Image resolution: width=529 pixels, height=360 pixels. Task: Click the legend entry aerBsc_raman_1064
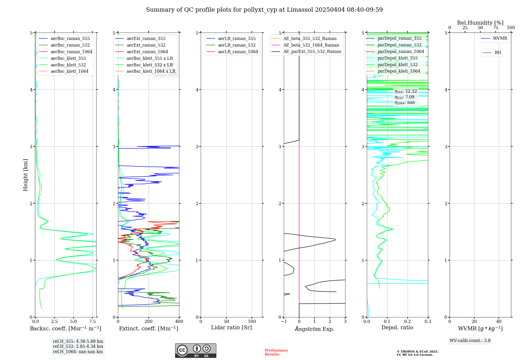click(71, 52)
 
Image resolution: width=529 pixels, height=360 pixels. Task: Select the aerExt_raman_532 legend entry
click(146, 45)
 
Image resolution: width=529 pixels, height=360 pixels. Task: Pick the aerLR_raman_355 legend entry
click(237, 39)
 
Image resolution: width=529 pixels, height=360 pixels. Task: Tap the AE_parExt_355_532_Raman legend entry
click(312, 52)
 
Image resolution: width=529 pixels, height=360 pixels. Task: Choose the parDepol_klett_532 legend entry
click(398, 65)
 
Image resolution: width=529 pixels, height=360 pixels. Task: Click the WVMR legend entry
click(500, 38)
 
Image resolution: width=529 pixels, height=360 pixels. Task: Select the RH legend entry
click(498, 53)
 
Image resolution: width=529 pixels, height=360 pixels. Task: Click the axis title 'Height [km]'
click(25, 175)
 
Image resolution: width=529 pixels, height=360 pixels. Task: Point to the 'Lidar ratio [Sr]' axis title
click(231, 328)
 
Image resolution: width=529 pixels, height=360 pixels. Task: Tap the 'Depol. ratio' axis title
click(397, 328)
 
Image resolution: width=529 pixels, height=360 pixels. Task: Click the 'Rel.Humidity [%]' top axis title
click(480, 23)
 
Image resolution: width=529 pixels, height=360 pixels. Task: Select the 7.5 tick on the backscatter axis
click(92, 322)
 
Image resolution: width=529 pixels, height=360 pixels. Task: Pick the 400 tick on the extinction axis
click(179, 322)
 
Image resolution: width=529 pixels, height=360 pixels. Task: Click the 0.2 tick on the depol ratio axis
click(408, 322)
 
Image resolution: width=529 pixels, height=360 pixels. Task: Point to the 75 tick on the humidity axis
click(495, 28)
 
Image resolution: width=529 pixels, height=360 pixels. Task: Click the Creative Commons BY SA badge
click(195, 351)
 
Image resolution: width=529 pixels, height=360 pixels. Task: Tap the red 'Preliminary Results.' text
click(276, 352)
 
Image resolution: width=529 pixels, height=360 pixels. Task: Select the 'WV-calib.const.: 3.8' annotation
click(470, 341)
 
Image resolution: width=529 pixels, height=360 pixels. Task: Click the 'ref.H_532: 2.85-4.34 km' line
click(78, 346)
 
